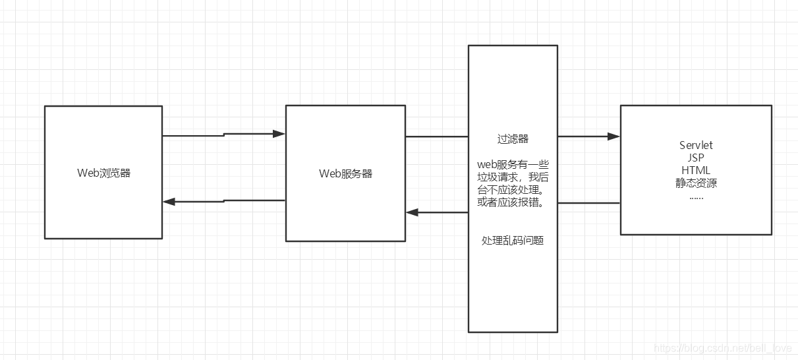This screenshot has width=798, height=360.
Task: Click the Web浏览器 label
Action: click(x=103, y=173)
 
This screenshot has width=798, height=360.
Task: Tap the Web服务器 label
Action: click(x=345, y=173)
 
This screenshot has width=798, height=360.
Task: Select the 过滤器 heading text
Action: click(x=513, y=139)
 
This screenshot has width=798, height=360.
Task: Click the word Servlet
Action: click(x=696, y=145)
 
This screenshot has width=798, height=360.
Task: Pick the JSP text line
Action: click(x=696, y=158)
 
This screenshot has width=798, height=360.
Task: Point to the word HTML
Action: click(x=696, y=171)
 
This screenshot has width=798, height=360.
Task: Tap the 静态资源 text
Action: click(x=696, y=183)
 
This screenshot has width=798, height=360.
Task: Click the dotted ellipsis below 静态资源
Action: click(x=696, y=196)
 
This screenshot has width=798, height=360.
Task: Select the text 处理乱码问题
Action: click(x=513, y=241)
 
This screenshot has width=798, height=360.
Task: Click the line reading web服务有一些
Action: click(x=513, y=164)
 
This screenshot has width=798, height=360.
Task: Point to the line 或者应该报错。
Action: click(x=513, y=202)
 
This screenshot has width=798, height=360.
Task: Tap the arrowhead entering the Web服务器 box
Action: click(x=279, y=134)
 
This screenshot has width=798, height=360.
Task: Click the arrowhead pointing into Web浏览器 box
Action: click(x=169, y=202)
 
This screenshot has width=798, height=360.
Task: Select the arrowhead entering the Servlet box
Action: click(x=613, y=136)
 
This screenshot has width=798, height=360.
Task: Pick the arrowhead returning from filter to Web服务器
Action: click(x=413, y=212)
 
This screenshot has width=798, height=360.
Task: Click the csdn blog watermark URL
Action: click(x=723, y=347)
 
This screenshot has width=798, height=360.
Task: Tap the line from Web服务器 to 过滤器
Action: click(x=436, y=136)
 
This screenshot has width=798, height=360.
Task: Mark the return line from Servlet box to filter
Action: click(x=588, y=203)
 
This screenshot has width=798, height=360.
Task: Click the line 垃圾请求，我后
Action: click(x=513, y=177)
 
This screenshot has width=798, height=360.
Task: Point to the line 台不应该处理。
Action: click(x=513, y=190)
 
